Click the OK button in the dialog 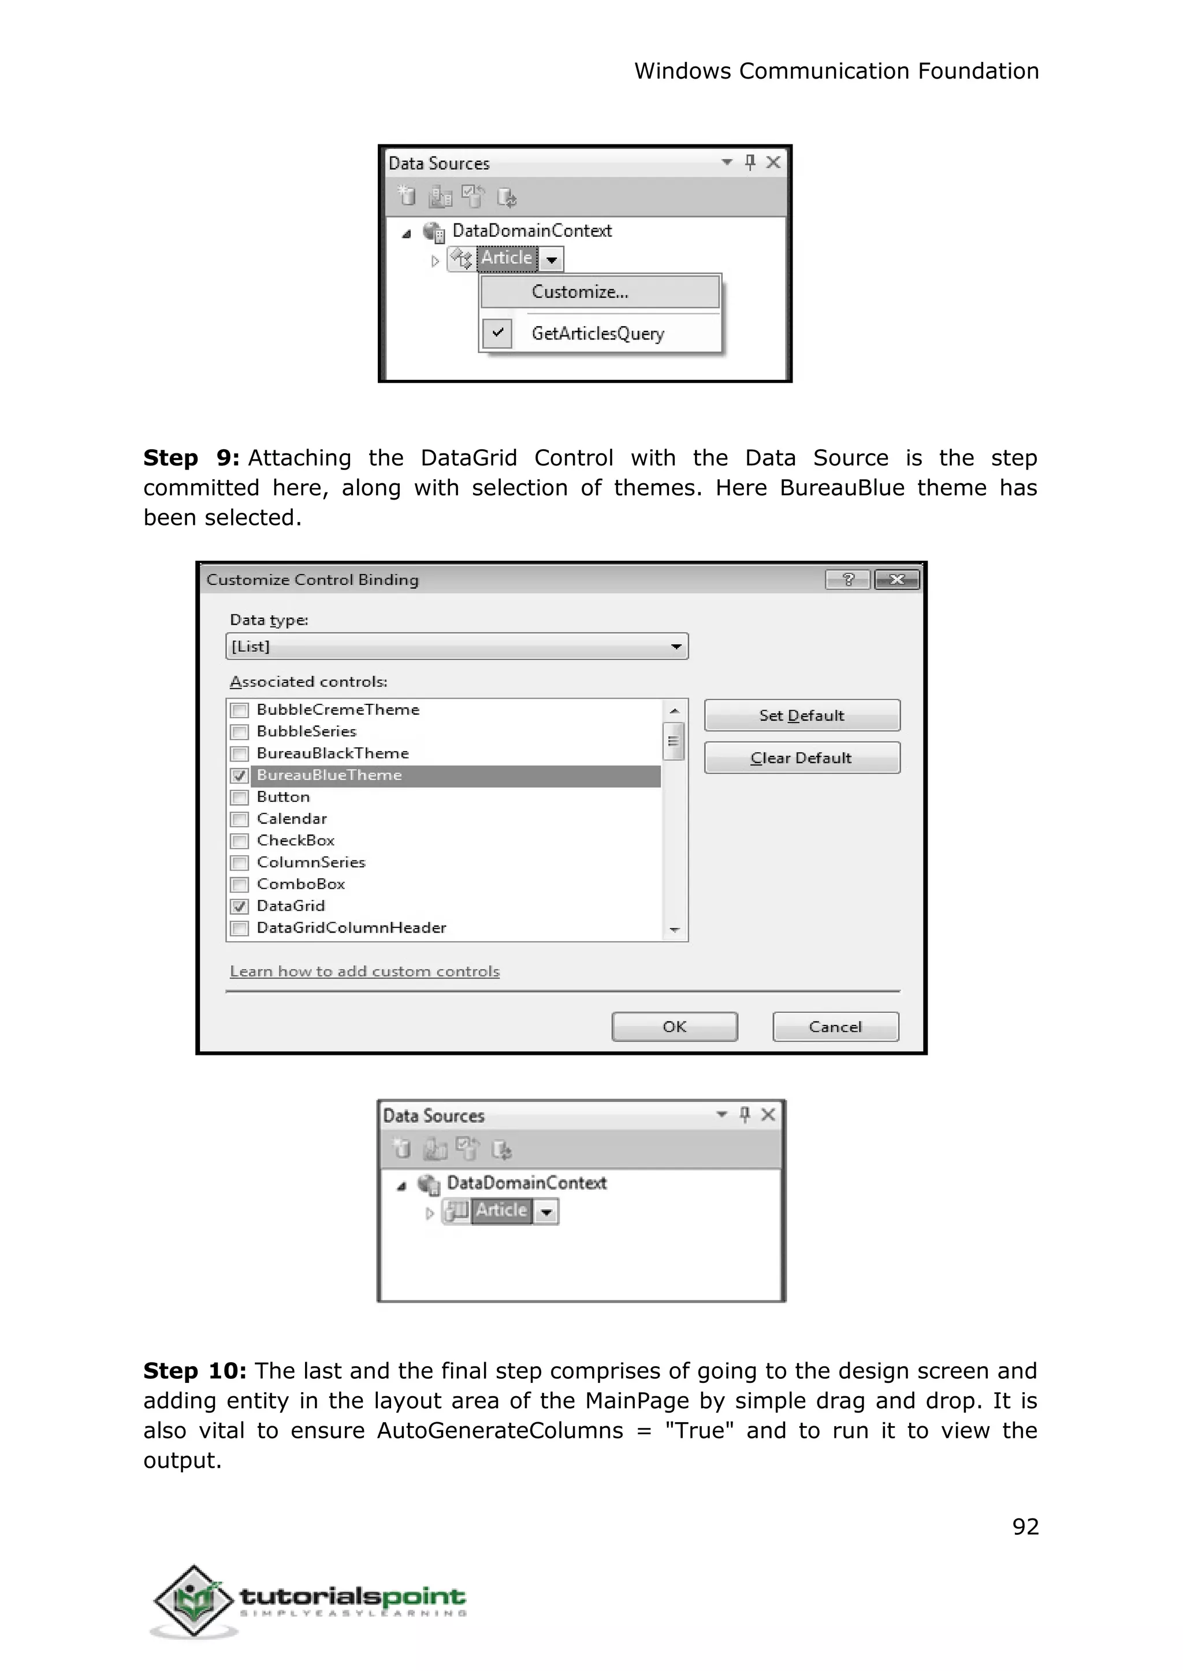[x=674, y=1027]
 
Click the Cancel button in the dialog [x=835, y=1027]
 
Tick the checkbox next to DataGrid [x=239, y=907]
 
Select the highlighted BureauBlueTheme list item [x=329, y=775]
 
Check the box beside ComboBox [x=239, y=885]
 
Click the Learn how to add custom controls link [x=364, y=971]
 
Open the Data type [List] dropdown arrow [x=676, y=647]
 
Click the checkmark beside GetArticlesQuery [x=497, y=333]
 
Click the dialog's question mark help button [x=847, y=580]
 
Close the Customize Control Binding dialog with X [x=896, y=580]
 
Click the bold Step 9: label [x=191, y=458]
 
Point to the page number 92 [x=1025, y=1526]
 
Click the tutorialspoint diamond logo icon [x=194, y=1601]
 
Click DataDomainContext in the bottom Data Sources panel [x=526, y=1183]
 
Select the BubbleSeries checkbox [x=239, y=732]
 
